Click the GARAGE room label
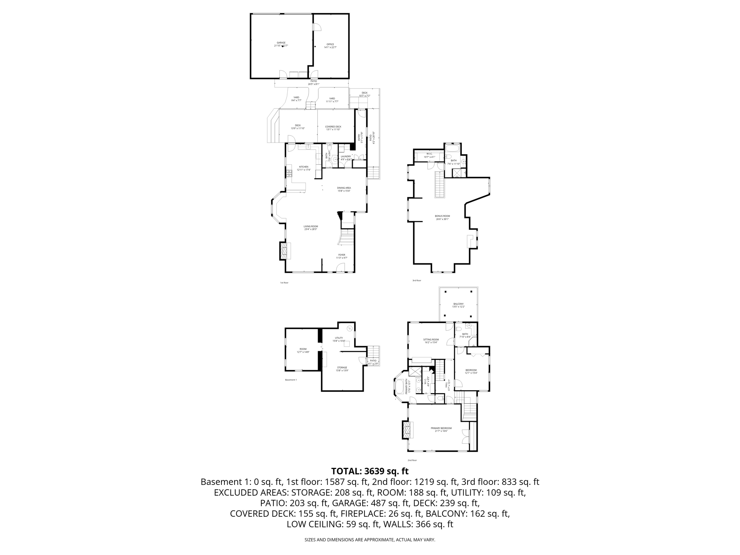(281, 43)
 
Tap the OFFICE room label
(330, 44)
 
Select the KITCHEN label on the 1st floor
(304, 167)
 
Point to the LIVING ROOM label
(311, 227)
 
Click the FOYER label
(341, 255)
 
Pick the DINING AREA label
(344, 188)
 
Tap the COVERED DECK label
(333, 127)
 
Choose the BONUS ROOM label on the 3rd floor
(442, 216)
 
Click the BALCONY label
(458, 304)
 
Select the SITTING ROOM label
(431, 340)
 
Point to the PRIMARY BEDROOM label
(441, 428)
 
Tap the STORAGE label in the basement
(342, 367)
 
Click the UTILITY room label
(339, 338)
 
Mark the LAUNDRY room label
(346, 156)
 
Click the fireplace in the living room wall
(285, 251)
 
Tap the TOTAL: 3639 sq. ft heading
(370, 471)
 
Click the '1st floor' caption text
(284, 283)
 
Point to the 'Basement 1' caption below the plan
(291, 380)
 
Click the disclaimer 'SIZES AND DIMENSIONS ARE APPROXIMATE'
(370, 540)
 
